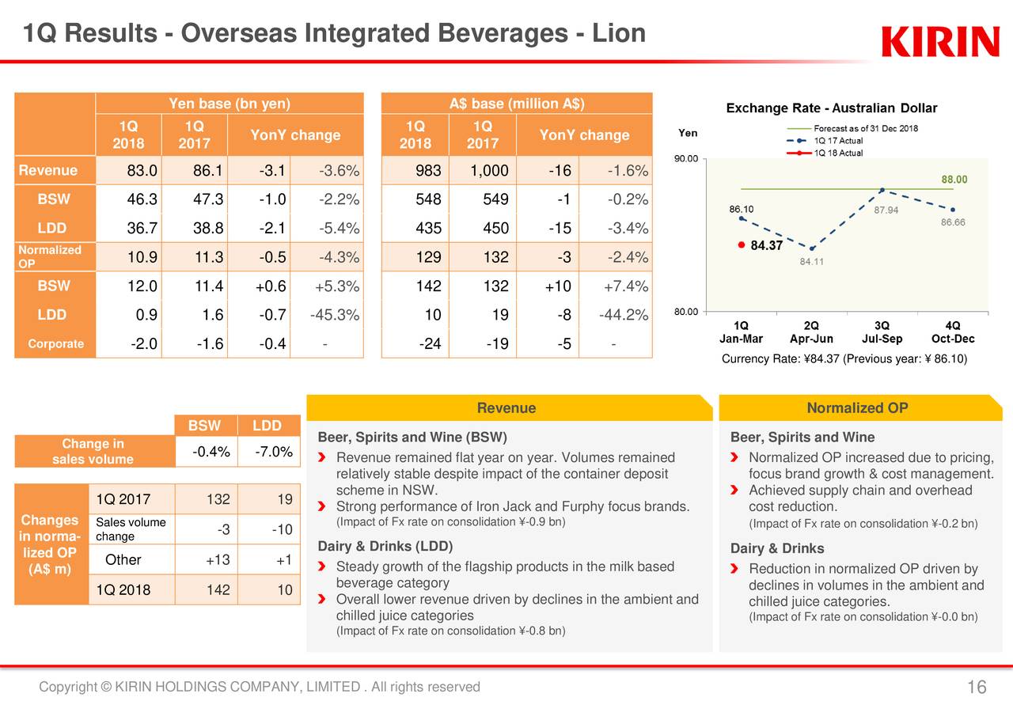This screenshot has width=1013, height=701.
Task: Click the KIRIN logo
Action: pos(939,42)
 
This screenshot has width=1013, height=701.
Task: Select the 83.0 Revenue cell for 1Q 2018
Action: pos(142,171)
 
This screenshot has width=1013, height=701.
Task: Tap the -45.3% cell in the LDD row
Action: pos(335,315)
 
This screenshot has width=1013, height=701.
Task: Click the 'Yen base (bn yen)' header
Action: pos(230,104)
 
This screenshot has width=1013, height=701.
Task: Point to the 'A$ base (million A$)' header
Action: pos(517,104)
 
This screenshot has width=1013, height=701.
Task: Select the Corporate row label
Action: pos(55,344)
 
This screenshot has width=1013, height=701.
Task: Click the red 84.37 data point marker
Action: pos(741,245)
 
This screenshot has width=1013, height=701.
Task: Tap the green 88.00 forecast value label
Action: pos(954,180)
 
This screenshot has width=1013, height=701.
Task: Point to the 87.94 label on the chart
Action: pos(886,210)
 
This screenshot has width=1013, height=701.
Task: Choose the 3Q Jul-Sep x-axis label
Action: pos(882,332)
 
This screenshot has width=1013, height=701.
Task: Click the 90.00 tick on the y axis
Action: pos(685,159)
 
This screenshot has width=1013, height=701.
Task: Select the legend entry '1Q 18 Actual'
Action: pos(838,153)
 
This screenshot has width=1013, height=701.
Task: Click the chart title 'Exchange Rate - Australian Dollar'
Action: pos(831,108)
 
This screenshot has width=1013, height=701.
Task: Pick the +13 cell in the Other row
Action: pos(218,560)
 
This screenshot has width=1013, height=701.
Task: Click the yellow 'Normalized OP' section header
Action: pos(857,408)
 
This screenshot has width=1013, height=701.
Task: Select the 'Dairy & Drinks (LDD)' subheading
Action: pos(385,547)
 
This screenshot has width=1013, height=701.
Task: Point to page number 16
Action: pos(976,687)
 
